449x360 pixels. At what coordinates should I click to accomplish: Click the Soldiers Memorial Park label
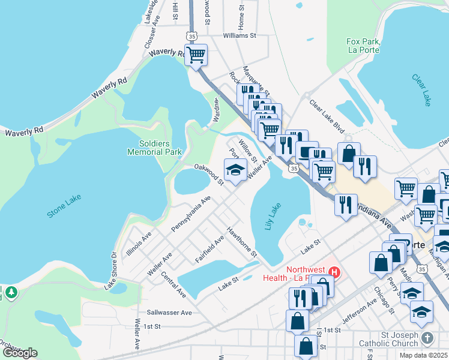154,148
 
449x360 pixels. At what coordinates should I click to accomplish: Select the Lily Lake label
273,217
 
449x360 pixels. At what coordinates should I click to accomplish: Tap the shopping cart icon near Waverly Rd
196,55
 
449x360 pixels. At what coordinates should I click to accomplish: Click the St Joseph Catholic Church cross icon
427,338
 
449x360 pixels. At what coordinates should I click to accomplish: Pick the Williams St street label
239,35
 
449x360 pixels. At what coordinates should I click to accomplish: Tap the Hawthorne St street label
241,243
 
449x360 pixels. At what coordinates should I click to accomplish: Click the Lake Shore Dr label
112,271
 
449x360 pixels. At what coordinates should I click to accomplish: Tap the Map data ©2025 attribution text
424,355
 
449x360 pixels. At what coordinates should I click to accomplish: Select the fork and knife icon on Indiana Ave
346,203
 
